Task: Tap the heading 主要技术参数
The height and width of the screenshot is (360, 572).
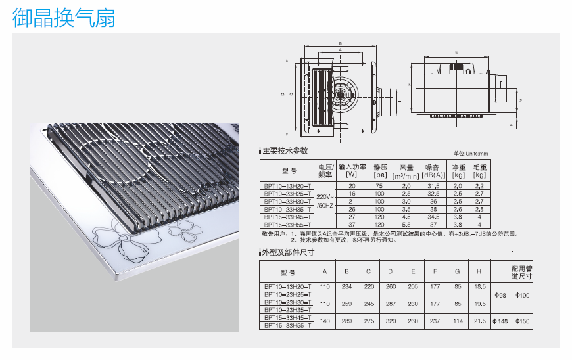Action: point(285,151)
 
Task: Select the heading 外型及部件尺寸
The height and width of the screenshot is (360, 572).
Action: point(288,252)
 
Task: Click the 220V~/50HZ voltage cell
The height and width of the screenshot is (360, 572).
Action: point(325,201)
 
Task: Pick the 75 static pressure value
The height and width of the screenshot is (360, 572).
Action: point(379,187)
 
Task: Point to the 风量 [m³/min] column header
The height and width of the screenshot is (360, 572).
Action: point(406,171)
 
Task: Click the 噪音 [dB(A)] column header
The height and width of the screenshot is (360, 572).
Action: point(433,171)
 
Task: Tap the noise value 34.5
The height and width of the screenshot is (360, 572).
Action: point(433,216)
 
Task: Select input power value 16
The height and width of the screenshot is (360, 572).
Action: point(352,194)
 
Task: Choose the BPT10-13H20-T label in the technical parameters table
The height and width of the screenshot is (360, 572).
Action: point(287,187)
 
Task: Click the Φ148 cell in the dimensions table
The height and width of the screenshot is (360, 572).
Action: point(499,321)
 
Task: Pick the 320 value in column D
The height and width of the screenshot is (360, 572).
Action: point(390,321)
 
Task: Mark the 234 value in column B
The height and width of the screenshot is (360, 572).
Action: point(346,286)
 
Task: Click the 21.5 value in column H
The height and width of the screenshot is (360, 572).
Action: point(479,321)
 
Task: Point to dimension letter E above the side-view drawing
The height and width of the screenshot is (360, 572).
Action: point(455,51)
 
